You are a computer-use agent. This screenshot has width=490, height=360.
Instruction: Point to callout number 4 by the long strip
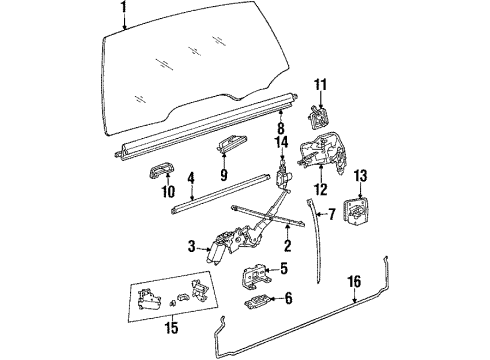pyautogui.click(x=190, y=180)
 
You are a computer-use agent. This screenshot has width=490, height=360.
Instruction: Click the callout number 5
pyautogui.click(x=283, y=267)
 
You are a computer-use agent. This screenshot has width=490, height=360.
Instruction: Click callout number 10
pyautogui.click(x=154, y=189)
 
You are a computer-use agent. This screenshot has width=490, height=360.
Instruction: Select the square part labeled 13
pyautogui.click(x=360, y=215)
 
